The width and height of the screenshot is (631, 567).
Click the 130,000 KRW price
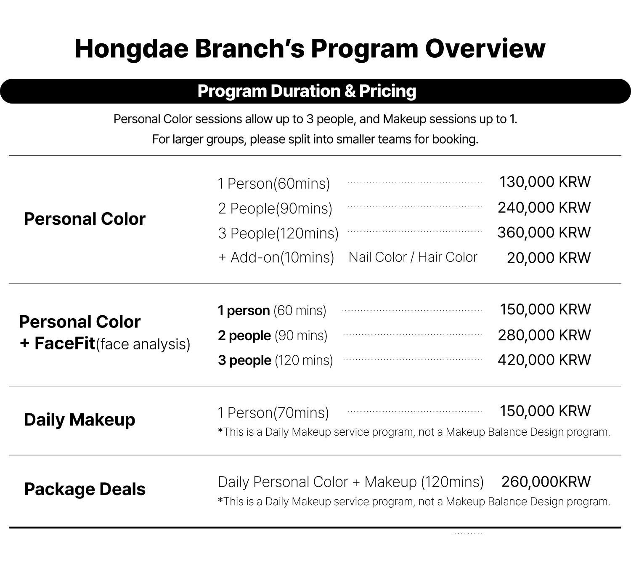(545, 182)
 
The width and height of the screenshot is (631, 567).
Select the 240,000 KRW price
(544, 208)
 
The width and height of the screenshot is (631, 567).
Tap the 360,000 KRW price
(544, 232)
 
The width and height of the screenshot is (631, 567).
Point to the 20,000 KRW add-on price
(549, 258)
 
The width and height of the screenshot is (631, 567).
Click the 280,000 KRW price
(544, 335)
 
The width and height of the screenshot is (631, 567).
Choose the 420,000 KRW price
(544, 360)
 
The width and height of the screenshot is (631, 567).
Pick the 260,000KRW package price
(546, 482)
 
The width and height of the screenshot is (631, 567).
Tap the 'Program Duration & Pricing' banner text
(307, 91)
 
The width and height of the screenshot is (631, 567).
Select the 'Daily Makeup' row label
(80, 420)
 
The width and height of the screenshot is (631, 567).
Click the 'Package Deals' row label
(85, 489)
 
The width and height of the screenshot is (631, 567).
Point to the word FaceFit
(65, 343)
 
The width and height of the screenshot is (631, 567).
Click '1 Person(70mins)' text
(273, 413)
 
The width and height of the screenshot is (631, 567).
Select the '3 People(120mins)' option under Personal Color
(278, 233)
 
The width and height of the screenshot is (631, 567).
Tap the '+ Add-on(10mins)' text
(276, 257)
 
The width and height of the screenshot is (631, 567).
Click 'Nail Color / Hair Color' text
(413, 257)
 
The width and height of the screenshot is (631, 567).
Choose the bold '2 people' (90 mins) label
(244, 335)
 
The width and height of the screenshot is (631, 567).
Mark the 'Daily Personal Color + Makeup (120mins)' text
(350, 482)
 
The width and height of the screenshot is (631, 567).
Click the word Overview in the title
(485, 48)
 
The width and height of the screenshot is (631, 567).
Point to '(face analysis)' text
(143, 344)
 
